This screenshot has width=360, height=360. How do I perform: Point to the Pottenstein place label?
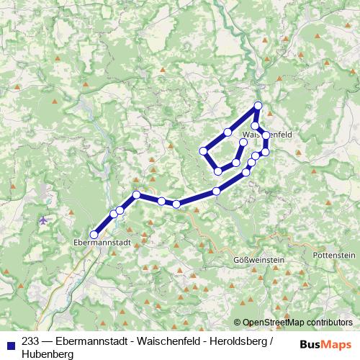coord(333,256)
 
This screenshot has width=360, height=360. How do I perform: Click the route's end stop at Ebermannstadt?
coord(94,234)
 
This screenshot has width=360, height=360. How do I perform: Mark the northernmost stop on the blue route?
coord(258,107)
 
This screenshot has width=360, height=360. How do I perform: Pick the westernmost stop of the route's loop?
coord(203,151)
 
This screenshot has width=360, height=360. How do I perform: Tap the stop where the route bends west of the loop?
coord(136,195)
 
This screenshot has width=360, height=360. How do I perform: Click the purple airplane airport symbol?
coord(45,220)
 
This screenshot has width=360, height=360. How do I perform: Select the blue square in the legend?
coord(11,343)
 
